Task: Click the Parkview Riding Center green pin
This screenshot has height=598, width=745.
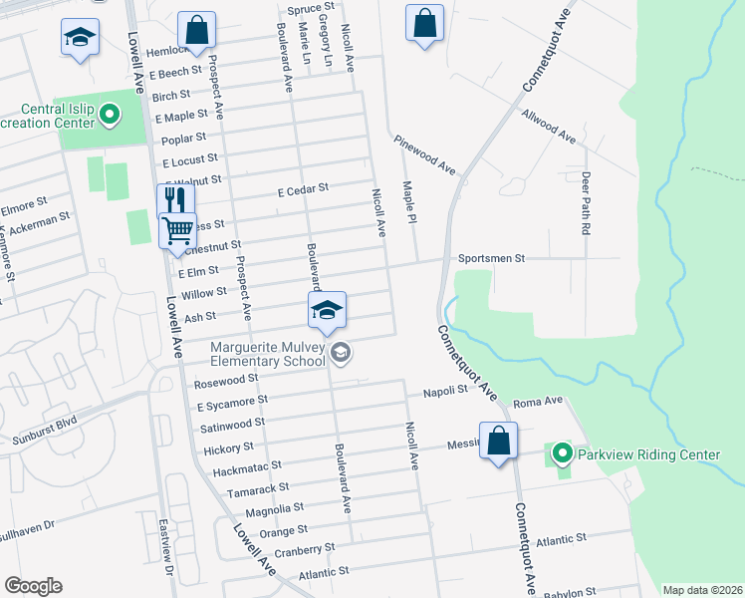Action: (562, 455)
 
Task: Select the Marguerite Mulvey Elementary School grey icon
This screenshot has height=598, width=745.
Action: (341, 353)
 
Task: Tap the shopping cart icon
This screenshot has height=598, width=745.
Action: (177, 231)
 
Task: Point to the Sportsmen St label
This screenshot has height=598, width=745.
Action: (491, 258)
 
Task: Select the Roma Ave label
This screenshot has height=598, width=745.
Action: (538, 402)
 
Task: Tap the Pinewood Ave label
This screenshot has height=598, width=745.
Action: (423, 153)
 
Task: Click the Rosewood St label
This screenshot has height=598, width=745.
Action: (226, 379)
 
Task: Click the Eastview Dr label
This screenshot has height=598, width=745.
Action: (167, 549)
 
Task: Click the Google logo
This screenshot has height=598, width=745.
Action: (33, 586)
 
